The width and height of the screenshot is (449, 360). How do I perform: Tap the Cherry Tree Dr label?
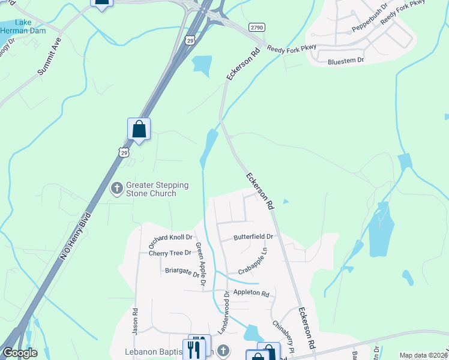click(169, 253)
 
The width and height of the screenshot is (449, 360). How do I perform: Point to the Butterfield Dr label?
click(253, 237)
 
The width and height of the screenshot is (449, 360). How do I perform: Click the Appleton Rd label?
click(252, 293)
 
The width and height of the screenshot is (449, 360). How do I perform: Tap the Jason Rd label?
click(136, 320)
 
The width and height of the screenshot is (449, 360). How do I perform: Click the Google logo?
click(20, 353)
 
